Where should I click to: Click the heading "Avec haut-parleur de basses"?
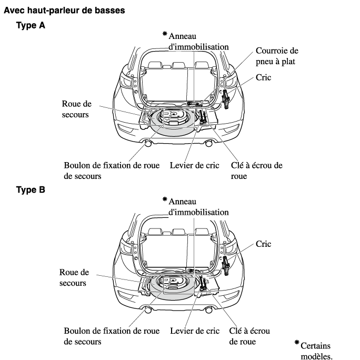[65, 11]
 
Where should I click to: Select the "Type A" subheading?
[31, 25]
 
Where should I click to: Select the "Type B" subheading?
[31, 190]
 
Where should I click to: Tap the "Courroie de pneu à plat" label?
[277, 56]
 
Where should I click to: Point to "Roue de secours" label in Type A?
[77, 109]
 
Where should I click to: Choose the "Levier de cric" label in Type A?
[195, 165]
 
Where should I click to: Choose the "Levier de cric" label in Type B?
[195, 331]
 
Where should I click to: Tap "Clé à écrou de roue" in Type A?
[256, 171]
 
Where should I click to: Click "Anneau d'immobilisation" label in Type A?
[198, 41]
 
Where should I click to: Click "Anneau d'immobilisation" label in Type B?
[198, 207]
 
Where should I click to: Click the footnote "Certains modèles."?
[316, 351]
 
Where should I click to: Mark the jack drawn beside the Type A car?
[227, 98]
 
